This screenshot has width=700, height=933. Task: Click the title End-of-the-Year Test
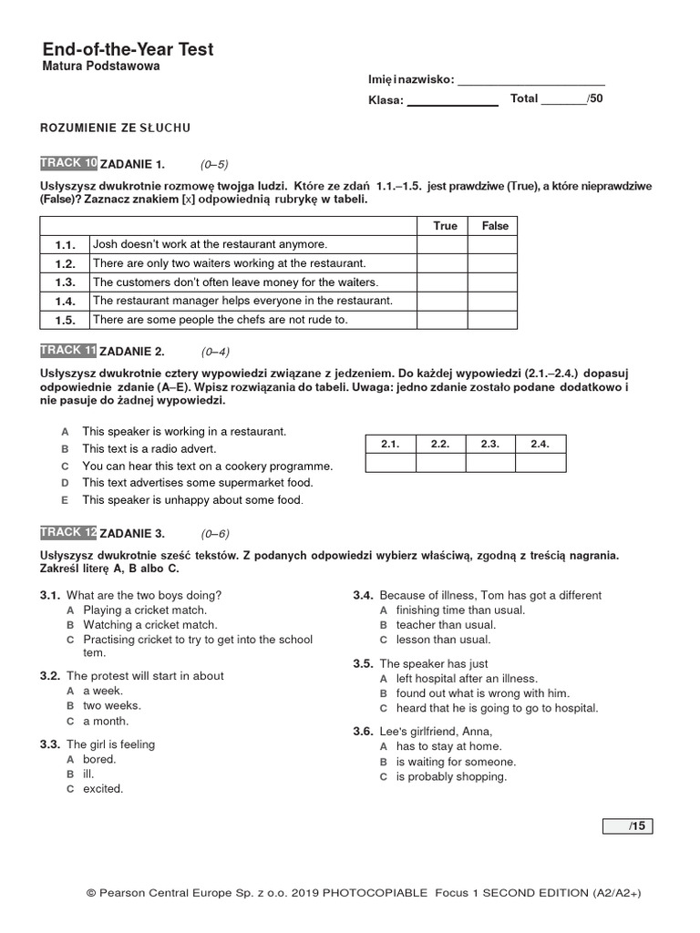[x=128, y=49]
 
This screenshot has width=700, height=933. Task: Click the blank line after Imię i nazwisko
[x=530, y=80]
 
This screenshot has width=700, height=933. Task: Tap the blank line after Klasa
[x=452, y=101]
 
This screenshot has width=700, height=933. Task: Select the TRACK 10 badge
[x=68, y=163]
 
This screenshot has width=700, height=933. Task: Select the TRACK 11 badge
[x=68, y=351]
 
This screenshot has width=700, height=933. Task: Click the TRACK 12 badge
[x=68, y=532]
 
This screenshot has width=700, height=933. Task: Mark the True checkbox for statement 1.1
[x=443, y=244]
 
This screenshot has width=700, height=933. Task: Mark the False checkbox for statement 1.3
[x=495, y=282]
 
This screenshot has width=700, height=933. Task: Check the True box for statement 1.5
[x=443, y=320]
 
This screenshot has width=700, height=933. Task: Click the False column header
[x=495, y=226]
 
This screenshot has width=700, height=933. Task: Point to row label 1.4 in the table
[x=64, y=301]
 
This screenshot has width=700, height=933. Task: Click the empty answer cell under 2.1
[x=390, y=463]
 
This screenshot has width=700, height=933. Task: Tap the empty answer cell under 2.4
[x=540, y=463]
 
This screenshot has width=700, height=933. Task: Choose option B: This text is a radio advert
[x=149, y=449]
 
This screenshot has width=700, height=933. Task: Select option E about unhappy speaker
[x=191, y=500]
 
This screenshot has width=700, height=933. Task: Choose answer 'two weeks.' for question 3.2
[x=112, y=705]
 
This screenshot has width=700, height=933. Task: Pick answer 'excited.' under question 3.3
[x=103, y=789]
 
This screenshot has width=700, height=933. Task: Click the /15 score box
[x=628, y=826]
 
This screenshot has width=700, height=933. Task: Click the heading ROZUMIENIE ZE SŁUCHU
[x=116, y=128]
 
